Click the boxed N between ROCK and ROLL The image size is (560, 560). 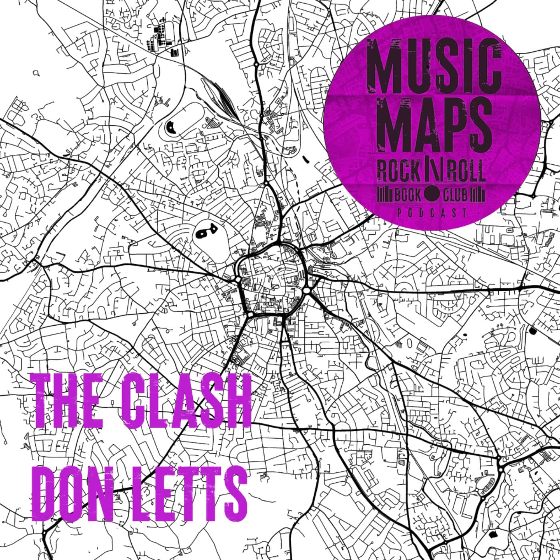430,172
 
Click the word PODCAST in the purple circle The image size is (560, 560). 432,213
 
